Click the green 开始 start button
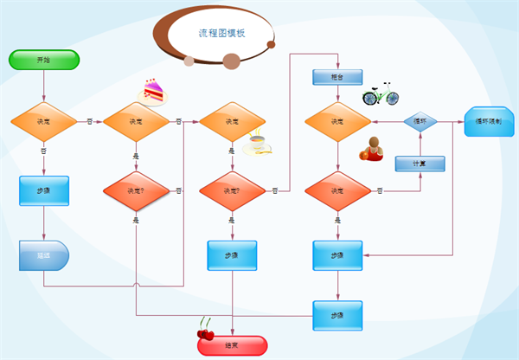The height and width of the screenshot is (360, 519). coord(44,60)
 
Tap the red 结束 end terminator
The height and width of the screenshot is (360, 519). coord(232,345)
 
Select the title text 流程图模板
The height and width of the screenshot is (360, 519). coord(221,34)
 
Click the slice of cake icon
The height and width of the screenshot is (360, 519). coord(152,90)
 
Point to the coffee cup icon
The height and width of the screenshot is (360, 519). coord(258,144)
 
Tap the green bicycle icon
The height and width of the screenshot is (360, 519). coord(380,93)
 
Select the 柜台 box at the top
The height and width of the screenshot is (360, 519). coord(337,77)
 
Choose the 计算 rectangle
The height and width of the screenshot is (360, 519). coord(420,163)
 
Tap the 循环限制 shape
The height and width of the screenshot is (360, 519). coord(489,122)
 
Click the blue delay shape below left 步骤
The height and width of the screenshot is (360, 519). coord(44,255)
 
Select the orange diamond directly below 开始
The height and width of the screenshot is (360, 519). coord(44,122)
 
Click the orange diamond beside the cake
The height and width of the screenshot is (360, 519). coord(136,122)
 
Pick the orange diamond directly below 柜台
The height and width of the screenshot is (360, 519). coord(337,122)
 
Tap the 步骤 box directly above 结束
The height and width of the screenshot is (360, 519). coord(232,256)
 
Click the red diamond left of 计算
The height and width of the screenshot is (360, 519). coord(337,190)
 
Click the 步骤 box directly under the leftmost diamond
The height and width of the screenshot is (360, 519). coord(44,190)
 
